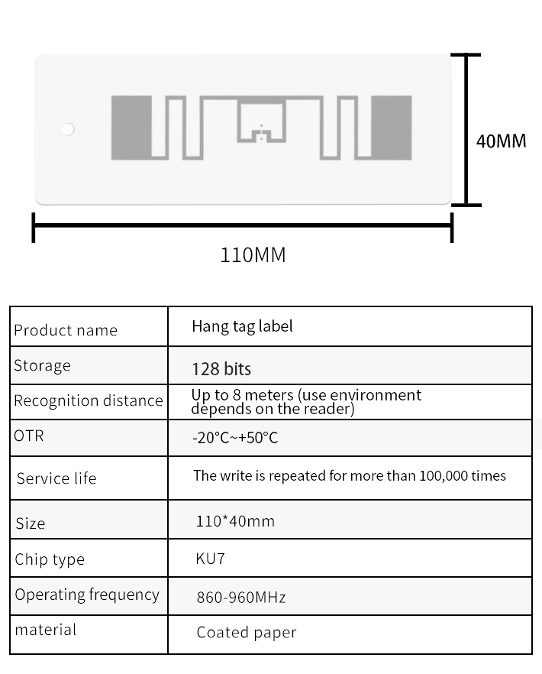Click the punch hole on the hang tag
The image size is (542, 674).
click(68, 129)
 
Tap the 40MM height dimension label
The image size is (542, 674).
click(501, 141)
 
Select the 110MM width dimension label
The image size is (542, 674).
click(253, 254)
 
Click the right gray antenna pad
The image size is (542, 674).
click(390, 128)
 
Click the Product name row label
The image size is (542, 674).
click(66, 330)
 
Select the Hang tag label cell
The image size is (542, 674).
click(242, 326)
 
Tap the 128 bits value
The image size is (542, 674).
click(221, 369)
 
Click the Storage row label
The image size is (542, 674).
click(42, 365)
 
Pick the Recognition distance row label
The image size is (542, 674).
click(89, 400)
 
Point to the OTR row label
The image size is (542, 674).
click(29, 436)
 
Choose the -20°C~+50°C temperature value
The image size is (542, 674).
click(235, 439)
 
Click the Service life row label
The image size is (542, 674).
click(56, 478)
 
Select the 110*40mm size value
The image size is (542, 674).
click(235, 521)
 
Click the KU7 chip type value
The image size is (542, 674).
click(211, 559)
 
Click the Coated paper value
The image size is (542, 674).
click(246, 632)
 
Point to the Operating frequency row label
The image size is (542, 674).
click(87, 595)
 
